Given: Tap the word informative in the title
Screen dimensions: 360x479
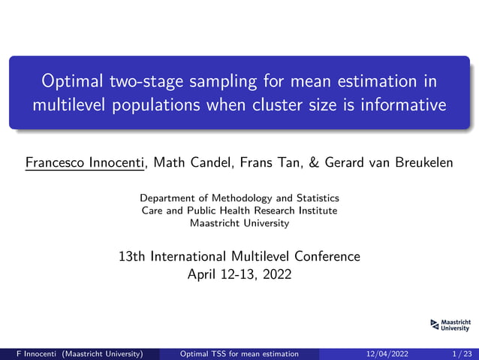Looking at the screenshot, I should pos(402,104).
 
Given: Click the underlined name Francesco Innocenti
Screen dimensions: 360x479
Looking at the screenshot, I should pos(84,162).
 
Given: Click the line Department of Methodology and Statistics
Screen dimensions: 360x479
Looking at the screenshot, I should pos(239,198).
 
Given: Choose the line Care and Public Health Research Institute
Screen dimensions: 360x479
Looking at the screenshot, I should pos(239,210).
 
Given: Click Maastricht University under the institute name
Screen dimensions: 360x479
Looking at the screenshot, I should pos(239,223).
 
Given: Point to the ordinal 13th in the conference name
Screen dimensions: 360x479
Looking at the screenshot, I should pos(133,256).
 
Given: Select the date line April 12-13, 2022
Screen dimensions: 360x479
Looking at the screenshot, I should pos(239,274).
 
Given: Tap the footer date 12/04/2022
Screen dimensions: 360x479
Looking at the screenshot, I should pos(387,354).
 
